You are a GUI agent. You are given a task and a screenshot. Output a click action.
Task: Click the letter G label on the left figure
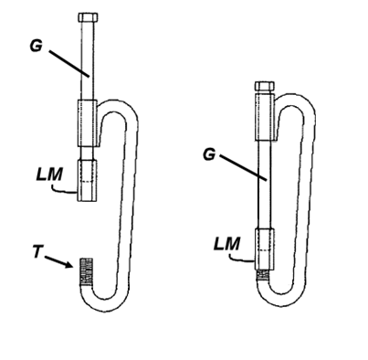(x=37, y=46)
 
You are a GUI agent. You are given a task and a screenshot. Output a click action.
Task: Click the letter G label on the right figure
(x=209, y=154)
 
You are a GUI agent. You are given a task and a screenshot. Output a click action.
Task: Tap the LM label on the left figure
(x=49, y=175)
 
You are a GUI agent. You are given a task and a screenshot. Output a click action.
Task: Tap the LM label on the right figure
(x=226, y=244)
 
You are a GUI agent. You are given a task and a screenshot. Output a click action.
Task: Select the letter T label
(x=37, y=252)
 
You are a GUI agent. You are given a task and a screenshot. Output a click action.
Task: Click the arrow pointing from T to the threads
(x=59, y=262)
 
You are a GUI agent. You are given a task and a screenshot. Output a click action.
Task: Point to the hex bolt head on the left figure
(x=88, y=17)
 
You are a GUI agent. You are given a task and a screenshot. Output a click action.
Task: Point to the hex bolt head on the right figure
(x=265, y=86)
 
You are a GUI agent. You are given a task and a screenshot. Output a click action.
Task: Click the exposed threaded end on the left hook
(x=86, y=271)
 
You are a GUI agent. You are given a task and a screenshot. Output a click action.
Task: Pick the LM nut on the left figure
(x=87, y=181)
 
